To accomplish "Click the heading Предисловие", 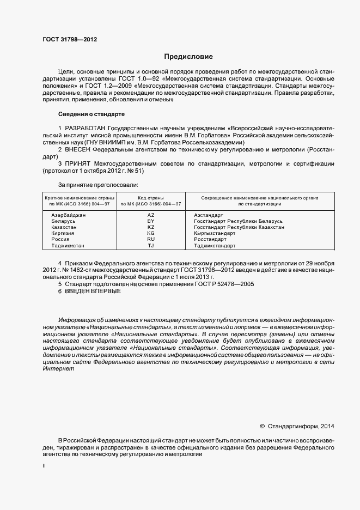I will tap(188, 56).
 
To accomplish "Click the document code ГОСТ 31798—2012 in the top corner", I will tap(70, 40).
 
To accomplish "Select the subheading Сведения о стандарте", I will tap(91, 114).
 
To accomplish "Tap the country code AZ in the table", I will tap(151, 215).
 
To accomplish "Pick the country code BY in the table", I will tap(151, 221).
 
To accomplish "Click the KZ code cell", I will tap(151, 227).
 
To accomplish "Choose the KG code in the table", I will tap(151, 233).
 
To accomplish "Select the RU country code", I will tap(151, 239).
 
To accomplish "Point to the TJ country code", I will tap(151, 246).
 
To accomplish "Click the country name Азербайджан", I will tap(69, 215).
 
